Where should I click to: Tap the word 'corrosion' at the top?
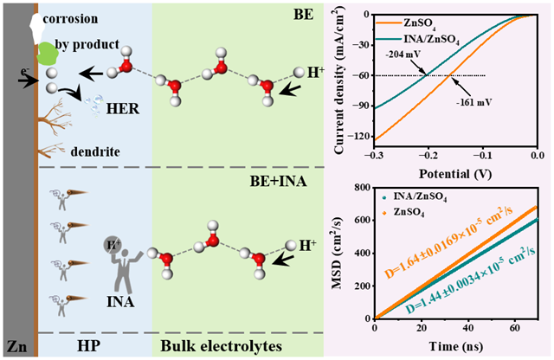point(77,16)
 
